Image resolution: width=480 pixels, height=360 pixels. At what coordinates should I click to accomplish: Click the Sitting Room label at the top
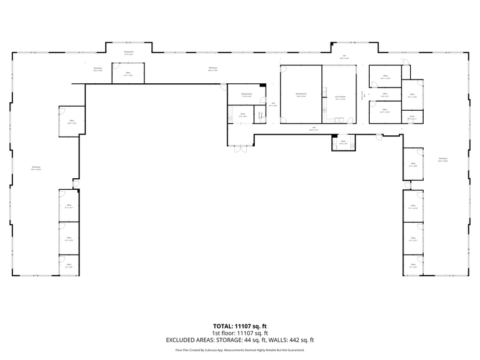click(129, 53)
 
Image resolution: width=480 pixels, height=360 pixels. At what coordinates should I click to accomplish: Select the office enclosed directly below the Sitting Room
click(129, 73)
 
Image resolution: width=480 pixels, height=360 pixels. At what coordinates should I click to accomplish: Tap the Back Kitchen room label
click(340, 96)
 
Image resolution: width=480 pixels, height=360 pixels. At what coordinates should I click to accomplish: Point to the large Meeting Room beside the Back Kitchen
click(301, 96)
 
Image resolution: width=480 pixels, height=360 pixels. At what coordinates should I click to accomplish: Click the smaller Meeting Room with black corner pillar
click(246, 96)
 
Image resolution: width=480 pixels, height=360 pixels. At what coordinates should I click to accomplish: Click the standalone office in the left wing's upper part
click(72, 121)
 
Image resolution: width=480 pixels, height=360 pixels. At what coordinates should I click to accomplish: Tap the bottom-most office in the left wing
click(69, 265)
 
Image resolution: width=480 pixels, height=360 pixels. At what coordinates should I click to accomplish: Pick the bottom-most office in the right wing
click(413, 265)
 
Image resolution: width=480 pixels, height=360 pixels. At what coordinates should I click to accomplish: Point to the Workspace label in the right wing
click(443, 160)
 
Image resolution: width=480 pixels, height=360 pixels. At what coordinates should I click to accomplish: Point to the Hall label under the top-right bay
click(345, 56)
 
